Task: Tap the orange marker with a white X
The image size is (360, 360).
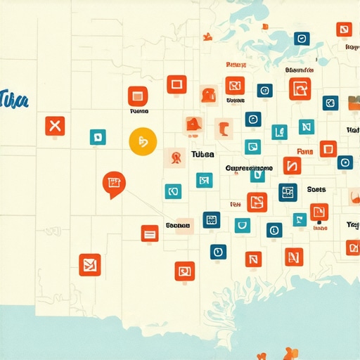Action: coord(55,127)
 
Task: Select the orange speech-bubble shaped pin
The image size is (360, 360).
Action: coord(112,184)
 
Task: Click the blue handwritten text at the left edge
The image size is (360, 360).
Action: coord(14,100)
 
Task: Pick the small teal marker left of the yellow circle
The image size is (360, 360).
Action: coord(98,137)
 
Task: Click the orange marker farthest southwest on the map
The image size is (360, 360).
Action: coord(89,264)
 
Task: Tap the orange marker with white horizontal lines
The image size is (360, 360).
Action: coord(149,233)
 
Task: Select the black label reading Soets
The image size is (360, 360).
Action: coord(317,189)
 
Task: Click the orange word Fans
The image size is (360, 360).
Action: coord(305,151)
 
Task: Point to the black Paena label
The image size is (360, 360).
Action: coord(139,111)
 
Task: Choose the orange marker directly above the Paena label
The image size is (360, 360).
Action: coord(136,96)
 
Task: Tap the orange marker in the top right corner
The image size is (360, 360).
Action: coord(343,30)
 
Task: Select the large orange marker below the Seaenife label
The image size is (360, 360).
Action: coord(300,89)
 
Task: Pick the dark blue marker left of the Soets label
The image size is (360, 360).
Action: coord(288,192)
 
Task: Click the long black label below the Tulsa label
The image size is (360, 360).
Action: coord(249,169)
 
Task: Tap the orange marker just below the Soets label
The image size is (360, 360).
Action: coord(319,211)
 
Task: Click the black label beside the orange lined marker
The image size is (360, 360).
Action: coord(178,225)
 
